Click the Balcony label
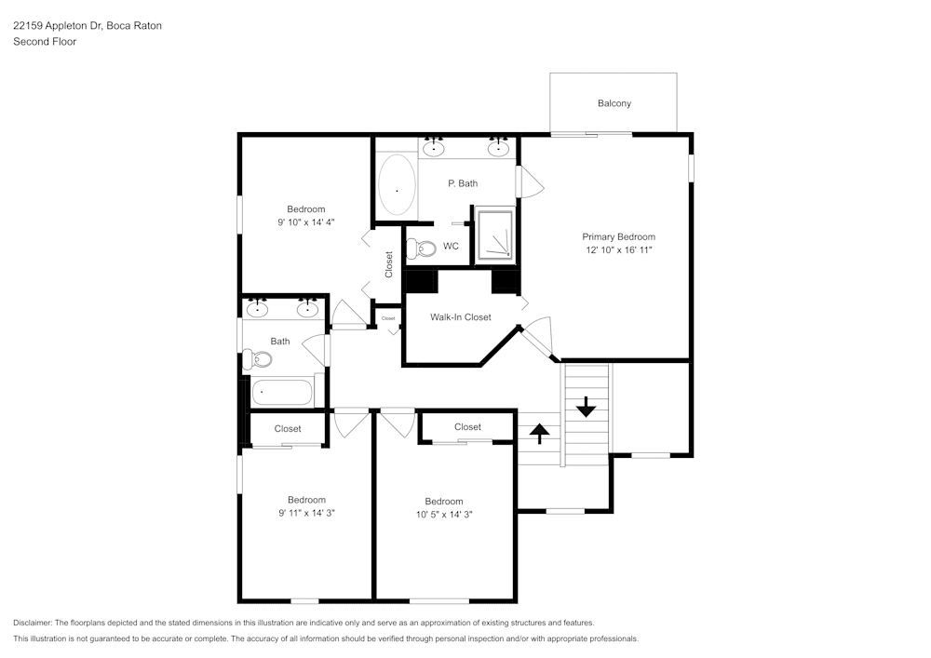tap(614, 103)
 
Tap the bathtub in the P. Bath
tap(398, 187)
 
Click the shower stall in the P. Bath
tap(494, 235)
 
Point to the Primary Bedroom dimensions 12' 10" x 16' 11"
tap(618, 251)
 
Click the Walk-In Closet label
tap(460, 317)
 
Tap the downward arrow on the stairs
tap(586, 407)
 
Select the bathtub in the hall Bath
tap(282, 393)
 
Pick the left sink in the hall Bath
tap(258, 308)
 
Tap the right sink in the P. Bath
tap(498, 146)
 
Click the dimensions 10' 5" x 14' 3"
tap(444, 514)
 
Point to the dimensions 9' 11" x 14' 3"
tap(306, 513)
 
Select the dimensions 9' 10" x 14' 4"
tap(305, 222)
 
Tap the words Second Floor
tap(45, 42)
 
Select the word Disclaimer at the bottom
tap(33, 623)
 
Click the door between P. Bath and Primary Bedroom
tap(528, 181)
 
